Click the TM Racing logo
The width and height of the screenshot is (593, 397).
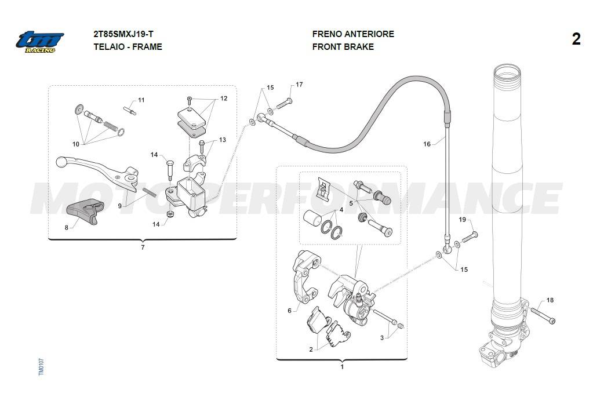(39, 42)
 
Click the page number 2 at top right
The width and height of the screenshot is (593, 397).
(576, 39)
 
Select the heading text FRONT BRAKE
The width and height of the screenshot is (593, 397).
(343, 47)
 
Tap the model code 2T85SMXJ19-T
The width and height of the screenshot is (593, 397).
(123, 34)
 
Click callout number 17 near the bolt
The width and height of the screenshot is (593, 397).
(299, 85)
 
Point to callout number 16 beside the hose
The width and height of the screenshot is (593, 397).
(427, 144)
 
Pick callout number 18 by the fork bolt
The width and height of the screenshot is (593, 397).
(550, 300)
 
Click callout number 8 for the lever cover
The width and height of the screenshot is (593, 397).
(66, 227)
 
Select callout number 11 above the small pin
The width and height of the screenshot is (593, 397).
(141, 100)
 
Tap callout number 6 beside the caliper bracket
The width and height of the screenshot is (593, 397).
(289, 311)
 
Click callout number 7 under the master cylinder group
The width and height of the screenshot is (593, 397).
(143, 247)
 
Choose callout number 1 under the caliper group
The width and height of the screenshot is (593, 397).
(342, 366)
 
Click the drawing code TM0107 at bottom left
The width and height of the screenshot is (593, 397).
(41, 366)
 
